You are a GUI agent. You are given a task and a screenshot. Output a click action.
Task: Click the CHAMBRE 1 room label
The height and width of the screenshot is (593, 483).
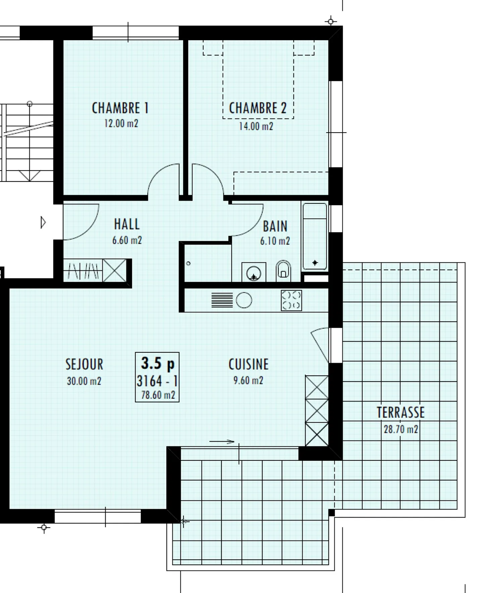click(120, 108)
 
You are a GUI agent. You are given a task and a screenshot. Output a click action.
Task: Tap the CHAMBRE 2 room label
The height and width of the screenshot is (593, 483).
click(258, 108)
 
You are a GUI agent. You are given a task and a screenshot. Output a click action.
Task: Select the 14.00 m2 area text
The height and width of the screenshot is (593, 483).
click(256, 127)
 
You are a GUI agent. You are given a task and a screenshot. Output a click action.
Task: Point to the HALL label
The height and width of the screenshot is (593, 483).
click(127, 224)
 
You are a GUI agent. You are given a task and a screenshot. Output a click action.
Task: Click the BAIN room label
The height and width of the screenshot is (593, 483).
click(275, 227)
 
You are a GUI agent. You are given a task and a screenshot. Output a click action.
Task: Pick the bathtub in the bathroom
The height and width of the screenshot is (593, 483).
click(315, 236)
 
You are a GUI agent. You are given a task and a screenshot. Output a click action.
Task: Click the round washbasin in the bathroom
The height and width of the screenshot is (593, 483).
click(254, 273)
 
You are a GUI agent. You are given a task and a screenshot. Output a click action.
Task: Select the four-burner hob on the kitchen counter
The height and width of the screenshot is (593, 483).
click(291, 300)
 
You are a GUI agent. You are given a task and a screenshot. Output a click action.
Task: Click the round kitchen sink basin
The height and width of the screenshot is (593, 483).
click(244, 300)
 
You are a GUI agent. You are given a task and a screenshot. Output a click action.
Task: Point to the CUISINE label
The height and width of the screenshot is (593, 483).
click(249, 364)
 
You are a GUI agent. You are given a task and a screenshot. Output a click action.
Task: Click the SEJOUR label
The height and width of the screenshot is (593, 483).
click(84, 364)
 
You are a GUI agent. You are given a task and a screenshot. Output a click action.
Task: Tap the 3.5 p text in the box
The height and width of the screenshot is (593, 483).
click(158, 363)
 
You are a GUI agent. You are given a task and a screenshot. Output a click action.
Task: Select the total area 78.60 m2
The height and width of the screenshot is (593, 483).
click(158, 395)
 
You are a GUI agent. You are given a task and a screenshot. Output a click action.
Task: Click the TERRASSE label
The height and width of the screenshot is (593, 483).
click(401, 412)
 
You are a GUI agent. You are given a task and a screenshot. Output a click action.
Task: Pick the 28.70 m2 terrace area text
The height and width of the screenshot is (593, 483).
click(401, 429)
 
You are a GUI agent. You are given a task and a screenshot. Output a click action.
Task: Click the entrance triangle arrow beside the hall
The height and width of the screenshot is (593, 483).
click(43, 222)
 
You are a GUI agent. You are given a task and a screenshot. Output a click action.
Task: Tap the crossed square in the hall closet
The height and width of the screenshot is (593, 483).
click(114, 270)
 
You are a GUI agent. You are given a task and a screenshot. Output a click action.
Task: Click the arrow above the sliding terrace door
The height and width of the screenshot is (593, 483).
click(222, 442)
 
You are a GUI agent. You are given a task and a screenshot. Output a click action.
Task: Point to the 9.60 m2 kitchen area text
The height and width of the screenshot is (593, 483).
click(248, 381)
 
